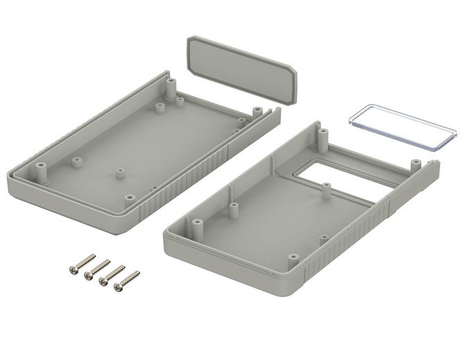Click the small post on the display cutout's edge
324,187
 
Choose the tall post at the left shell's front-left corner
40,168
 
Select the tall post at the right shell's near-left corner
196,226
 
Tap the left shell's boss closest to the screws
130,197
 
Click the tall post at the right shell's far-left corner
322,132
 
